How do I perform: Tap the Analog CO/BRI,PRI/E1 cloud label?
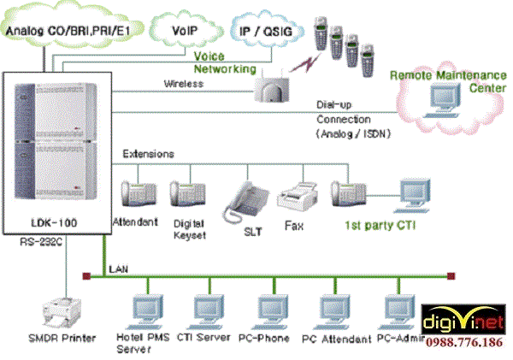(68, 31)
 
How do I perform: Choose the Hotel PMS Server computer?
(141, 312)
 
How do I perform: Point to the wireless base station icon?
(272, 86)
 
